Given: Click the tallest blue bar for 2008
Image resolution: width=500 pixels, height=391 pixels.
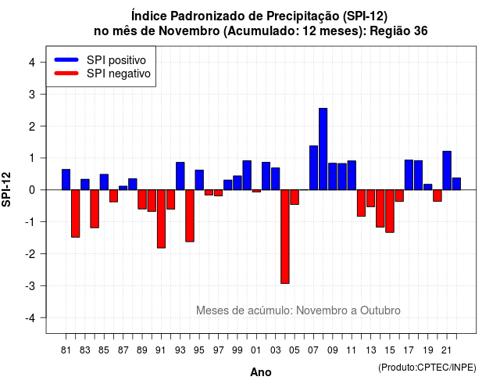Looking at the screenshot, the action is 323,149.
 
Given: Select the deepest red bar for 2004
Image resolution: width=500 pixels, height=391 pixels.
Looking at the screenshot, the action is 285,236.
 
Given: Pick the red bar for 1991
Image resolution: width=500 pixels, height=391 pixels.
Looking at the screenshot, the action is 162,219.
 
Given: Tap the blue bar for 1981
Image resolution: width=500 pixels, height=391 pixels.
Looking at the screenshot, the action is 66,180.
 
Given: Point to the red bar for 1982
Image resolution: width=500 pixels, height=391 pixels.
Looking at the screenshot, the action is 76,213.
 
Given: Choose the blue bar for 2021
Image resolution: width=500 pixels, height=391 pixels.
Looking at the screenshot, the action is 447,170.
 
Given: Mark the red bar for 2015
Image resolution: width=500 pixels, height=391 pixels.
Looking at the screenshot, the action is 390,211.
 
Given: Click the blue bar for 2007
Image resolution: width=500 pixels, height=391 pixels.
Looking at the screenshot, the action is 314,168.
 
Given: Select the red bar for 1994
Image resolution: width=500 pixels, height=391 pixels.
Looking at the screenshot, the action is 190,216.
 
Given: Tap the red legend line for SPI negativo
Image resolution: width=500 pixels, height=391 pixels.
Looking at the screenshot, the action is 66,74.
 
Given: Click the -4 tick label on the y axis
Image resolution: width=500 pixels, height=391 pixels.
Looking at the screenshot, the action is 30,318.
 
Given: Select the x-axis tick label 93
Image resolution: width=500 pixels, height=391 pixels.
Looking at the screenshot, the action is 180,350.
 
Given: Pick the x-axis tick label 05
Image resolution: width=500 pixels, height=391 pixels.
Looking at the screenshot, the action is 295,350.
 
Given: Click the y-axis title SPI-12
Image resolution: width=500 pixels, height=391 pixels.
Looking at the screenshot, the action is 6,189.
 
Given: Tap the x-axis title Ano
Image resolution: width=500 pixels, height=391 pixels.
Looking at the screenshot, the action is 261,372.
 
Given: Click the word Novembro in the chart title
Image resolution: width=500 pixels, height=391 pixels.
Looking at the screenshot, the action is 189,31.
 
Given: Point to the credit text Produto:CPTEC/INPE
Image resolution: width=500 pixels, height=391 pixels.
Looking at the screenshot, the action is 427,368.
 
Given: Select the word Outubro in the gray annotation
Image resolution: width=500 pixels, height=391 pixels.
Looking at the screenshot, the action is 380,310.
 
